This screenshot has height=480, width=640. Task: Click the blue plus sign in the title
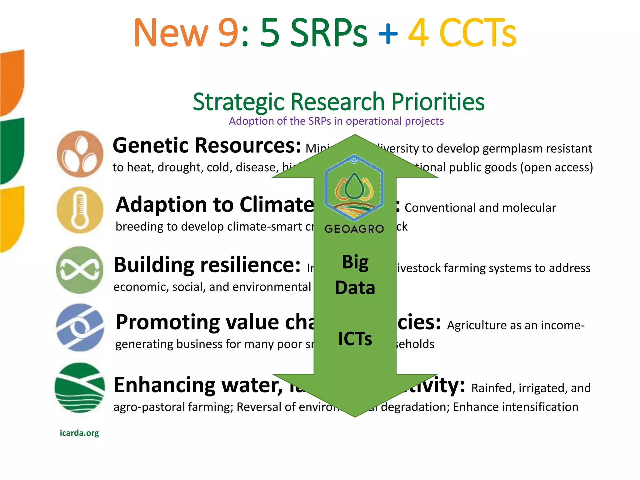388,33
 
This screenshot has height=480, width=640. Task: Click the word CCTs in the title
477,33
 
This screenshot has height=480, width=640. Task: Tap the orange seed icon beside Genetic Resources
80,154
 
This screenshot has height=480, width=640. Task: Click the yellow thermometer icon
80,210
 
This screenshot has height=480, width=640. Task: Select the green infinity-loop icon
80,270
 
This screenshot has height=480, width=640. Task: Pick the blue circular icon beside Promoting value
80,327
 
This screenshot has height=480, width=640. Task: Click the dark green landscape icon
80,387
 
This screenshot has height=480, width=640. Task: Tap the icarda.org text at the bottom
79,433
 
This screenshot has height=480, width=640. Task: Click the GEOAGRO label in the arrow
354,229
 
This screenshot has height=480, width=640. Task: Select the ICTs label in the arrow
355,339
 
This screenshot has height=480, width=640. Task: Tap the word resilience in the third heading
250,265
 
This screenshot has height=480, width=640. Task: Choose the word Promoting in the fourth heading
167,322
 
